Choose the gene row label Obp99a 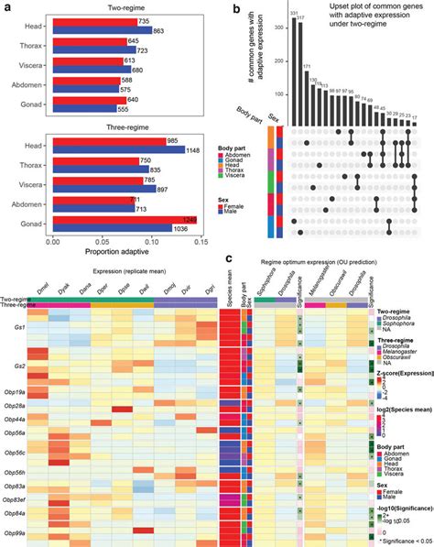[16, 532]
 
